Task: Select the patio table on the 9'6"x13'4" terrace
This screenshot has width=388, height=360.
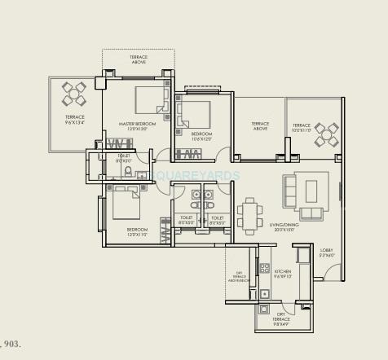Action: [x=73, y=95]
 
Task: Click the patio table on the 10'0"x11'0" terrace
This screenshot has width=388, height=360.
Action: [x=326, y=134]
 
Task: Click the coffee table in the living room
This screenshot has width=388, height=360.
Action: [x=311, y=191]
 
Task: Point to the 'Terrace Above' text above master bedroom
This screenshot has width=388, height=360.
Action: [x=138, y=59]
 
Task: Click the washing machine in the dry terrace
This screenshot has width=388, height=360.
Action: [x=264, y=309]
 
